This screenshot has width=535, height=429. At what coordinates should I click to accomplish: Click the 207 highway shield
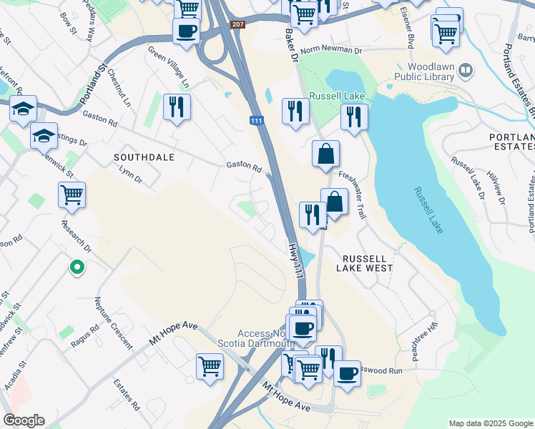click(237, 25)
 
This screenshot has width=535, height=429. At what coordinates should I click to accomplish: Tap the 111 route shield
click(256, 122)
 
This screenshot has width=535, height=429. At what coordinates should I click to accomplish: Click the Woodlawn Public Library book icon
click(466, 70)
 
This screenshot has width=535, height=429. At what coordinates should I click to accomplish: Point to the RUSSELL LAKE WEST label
click(368, 263)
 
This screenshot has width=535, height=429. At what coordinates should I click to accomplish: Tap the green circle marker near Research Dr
click(77, 267)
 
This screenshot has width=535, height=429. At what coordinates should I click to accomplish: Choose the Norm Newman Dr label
click(331, 50)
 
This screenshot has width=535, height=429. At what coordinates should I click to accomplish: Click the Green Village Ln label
click(168, 67)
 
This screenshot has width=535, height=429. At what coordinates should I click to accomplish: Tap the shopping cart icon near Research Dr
click(72, 194)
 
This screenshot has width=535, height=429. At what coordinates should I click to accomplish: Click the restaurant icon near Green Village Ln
click(176, 108)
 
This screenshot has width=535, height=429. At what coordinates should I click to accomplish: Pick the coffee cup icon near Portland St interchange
click(186, 32)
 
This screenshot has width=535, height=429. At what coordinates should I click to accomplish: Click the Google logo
click(24, 420)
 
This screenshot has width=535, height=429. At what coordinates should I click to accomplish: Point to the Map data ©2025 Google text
click(490, 423)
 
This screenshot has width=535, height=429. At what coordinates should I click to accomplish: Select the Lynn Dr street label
click(131, 175)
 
